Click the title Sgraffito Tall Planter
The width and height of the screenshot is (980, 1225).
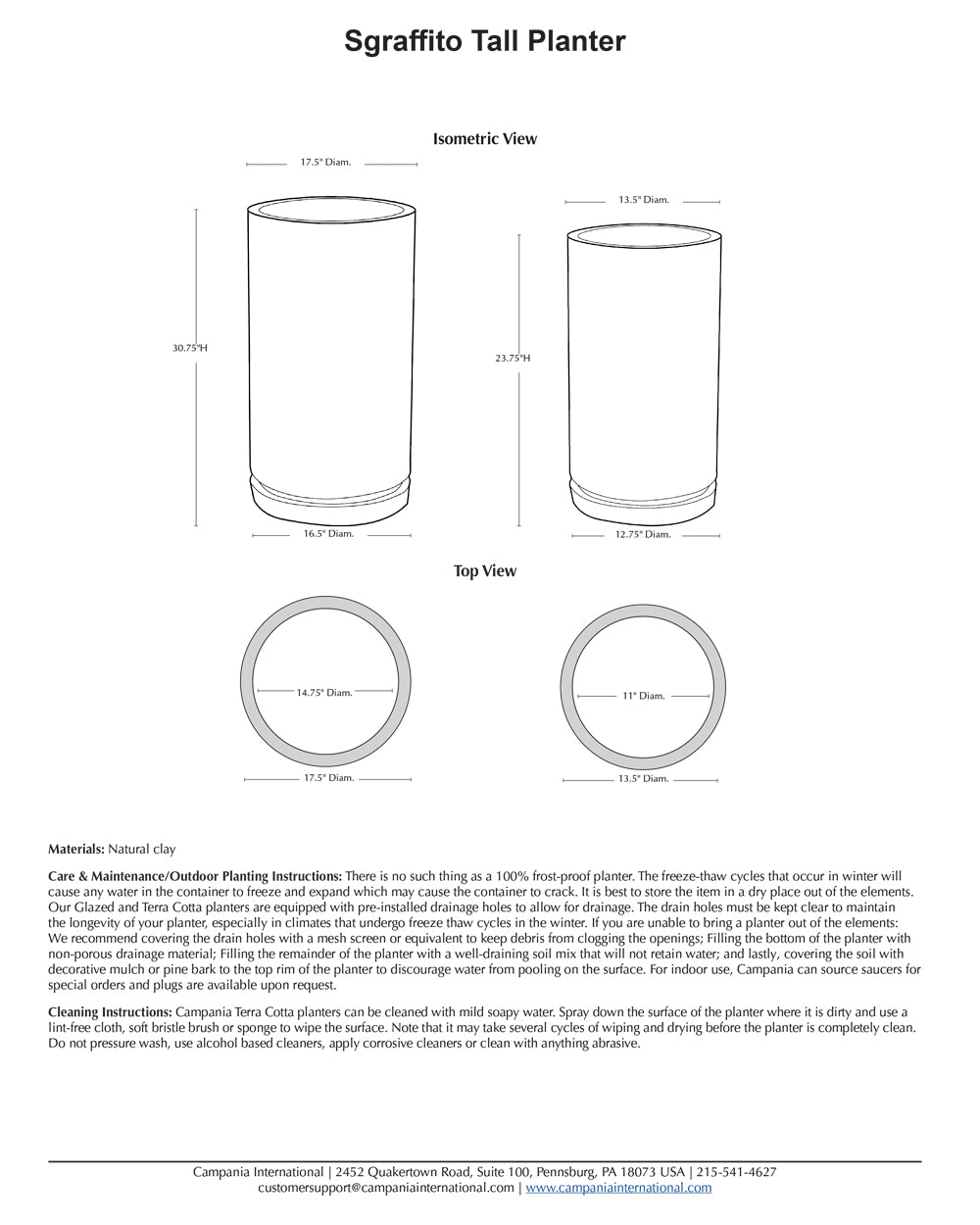click(484, 41)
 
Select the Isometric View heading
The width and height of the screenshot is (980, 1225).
click(485, 139)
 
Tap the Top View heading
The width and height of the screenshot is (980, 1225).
click(484, 571)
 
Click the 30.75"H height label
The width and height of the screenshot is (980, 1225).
click(190, 348)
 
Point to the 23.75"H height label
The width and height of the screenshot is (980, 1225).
click(513, 359)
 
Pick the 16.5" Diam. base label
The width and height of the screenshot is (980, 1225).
click(328, 534)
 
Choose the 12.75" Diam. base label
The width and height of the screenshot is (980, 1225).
click(643, 535)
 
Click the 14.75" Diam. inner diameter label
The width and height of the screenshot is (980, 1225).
click(324, 693)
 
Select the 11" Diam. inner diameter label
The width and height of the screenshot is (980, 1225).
click(643, 696)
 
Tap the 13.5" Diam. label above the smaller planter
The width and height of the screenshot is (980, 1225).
click(643, 200)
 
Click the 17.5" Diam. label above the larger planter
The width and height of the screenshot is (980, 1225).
click(325, 162)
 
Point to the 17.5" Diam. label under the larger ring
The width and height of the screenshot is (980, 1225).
click(328, 778)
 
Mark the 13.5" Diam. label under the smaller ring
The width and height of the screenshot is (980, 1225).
click(643, 779)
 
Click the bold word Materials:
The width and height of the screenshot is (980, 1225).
click(76, 850)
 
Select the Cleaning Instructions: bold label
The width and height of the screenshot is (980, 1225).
click(110, 1012)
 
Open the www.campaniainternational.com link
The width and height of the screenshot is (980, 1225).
click(618, 1188)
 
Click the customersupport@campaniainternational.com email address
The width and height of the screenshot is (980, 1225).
click(386, 1188)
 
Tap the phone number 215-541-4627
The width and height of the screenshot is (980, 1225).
click(738, 1172)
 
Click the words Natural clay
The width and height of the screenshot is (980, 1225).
click(142, 850)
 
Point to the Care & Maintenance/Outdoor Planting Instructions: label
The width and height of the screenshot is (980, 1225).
click(195, 876)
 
